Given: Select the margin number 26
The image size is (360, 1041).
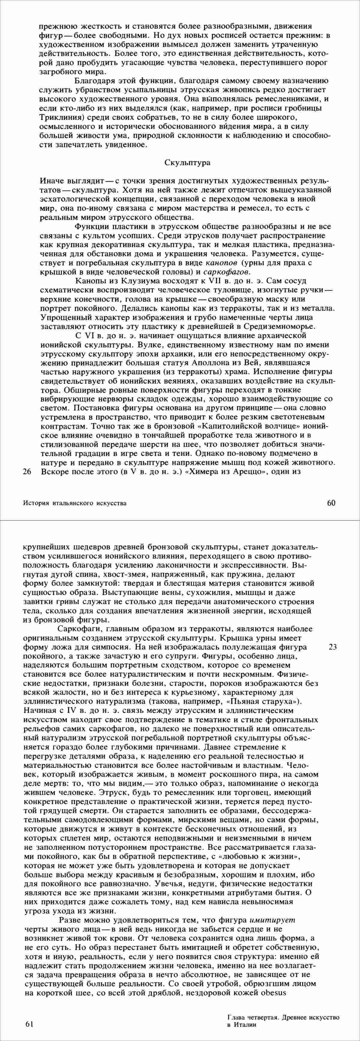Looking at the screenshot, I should point(28,471).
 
